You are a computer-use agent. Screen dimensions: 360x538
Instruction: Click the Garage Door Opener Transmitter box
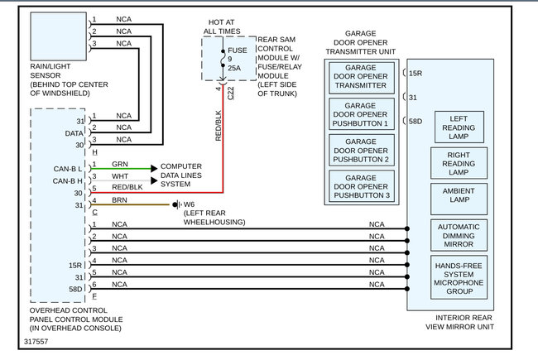tap(361, 76)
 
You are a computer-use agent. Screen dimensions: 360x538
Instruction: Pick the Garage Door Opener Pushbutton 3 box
tap(361, 185)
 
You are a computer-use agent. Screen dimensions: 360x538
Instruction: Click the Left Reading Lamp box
tap(459, 127)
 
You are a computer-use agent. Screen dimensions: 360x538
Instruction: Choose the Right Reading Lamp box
tap(459, 163)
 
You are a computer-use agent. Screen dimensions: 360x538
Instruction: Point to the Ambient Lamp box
tap(459, 199)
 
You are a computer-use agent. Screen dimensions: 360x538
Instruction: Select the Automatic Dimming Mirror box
tap(459, 234)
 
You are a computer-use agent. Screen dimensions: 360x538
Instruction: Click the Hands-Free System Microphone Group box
tap(459, 276)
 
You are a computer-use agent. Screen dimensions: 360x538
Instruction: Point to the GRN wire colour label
tap(120, 165)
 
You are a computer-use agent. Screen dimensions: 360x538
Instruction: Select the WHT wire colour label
tap(120, 176)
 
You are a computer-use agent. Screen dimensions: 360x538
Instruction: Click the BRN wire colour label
tap(119, 200)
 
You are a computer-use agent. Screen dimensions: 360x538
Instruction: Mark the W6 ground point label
tap(189, 204)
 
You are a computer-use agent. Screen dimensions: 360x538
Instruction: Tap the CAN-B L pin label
tap(67, 169)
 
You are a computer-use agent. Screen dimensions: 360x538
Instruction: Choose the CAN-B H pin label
tap(67, 180)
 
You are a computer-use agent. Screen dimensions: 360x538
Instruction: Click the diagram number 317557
tap(37, 340)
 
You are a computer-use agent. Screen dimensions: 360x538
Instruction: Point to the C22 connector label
tap(231, 94)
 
